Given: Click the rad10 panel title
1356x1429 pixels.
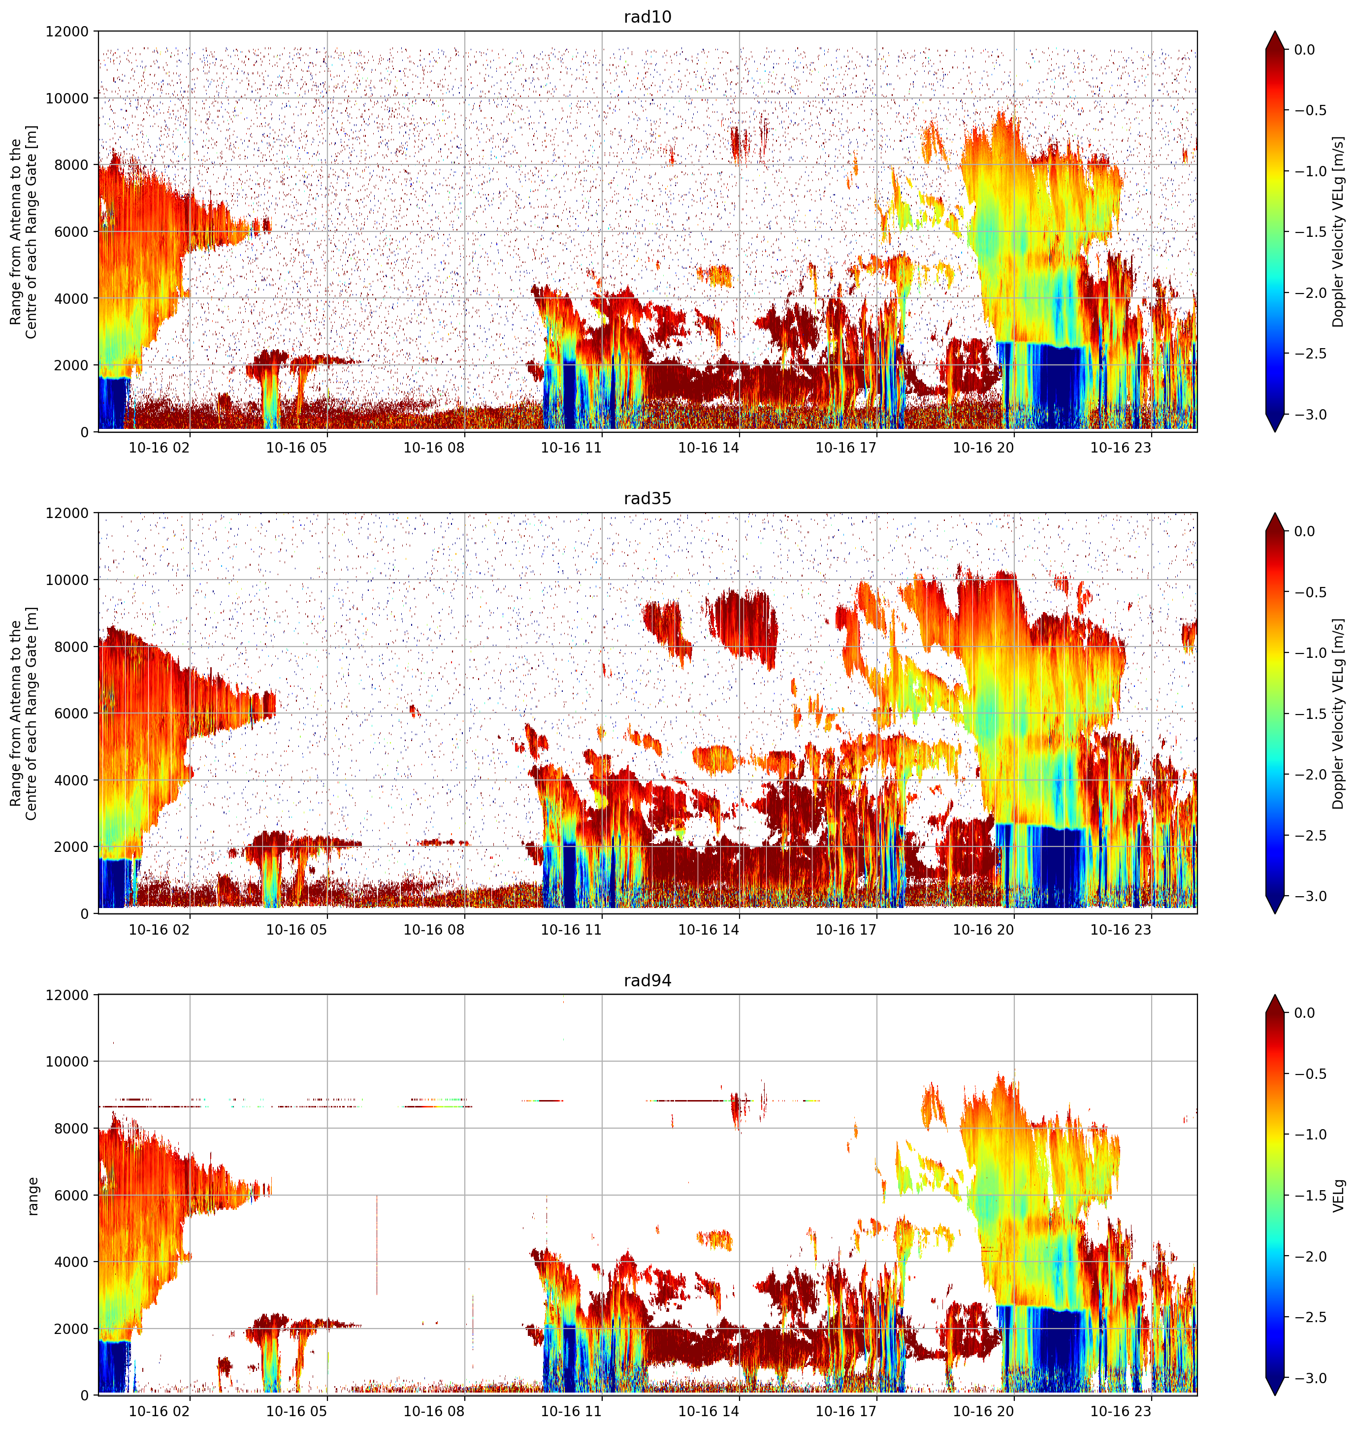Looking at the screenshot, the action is [647, 17].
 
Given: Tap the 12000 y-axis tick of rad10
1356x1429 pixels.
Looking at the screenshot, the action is [67, 32].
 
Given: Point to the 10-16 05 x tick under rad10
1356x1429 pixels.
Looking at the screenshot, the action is [296, 448].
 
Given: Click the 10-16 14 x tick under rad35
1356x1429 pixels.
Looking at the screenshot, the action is [709, 930].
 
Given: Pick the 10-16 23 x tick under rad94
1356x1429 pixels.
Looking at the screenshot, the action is [1120, 1412].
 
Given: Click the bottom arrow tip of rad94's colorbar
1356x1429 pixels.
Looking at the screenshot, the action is [1275, 1395].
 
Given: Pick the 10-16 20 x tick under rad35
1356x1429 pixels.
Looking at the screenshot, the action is [983, 930].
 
